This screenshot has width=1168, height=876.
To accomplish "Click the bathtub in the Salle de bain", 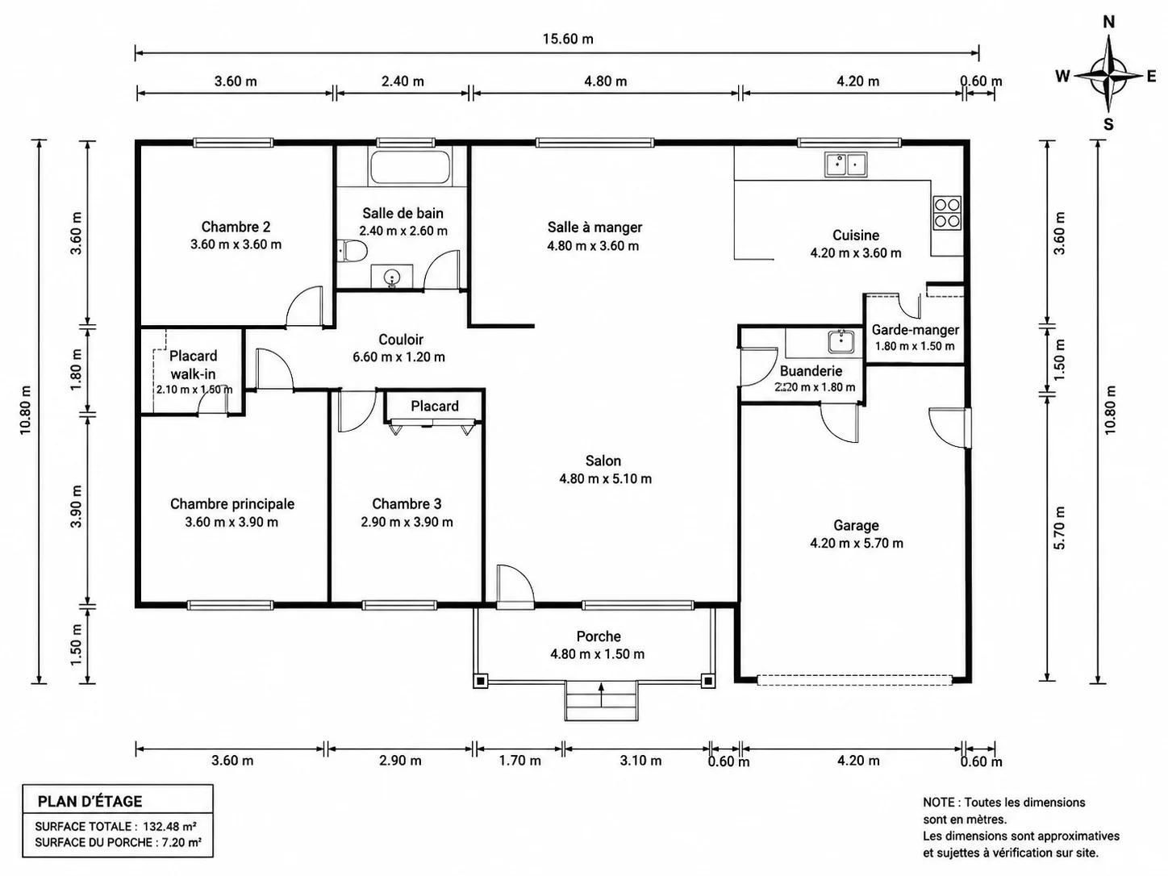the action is [x=410, y=169].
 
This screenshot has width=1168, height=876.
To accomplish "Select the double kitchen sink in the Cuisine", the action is [x=845, y=165].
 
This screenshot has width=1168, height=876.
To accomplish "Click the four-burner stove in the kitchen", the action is [x=947, y=213].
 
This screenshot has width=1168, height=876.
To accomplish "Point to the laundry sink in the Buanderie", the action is [x=841, y=341].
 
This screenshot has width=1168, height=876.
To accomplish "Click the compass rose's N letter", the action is [x=1109, y=22].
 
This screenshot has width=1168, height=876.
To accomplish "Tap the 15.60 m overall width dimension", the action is [x=568, y=39].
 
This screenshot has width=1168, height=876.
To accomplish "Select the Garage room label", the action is [x=856, y=525].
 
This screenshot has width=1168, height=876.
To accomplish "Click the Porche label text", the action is [x=599, y=636].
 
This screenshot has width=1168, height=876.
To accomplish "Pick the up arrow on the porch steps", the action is [x=601, y=695].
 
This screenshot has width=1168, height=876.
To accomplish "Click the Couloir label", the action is [x=401, y=340].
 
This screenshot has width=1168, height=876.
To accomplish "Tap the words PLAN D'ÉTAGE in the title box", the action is [x=90, y=802].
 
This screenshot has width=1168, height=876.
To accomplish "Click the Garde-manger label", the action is [x=916, y=330].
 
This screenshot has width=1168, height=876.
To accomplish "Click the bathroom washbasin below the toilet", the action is [x=392, y=277].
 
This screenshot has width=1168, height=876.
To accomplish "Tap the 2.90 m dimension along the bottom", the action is [x=400, y=761].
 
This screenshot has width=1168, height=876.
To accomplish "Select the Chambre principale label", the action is [x=232, y=503].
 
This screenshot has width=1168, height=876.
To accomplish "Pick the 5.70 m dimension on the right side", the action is [x=1059, y=528].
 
